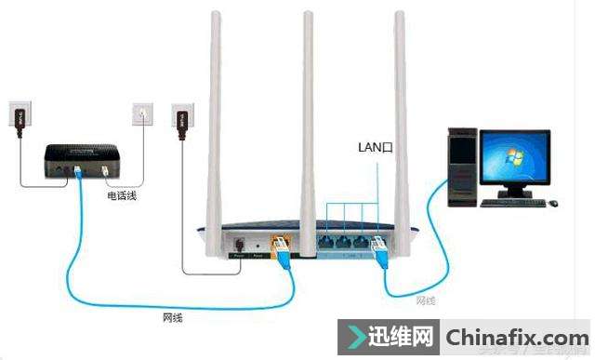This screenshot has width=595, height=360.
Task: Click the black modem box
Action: [81, 160]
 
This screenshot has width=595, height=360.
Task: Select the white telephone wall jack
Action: [142, 113]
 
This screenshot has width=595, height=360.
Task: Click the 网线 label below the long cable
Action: [172, 318]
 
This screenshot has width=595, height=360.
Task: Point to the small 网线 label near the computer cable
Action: [425, 300]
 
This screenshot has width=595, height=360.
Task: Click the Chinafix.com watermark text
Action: [516, 337]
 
